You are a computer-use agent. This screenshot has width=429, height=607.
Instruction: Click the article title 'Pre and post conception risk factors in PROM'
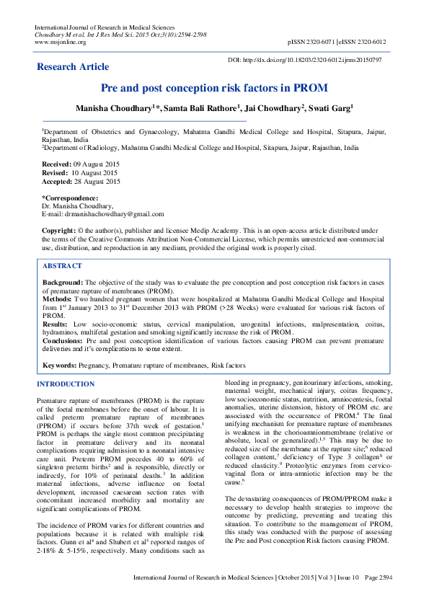214,89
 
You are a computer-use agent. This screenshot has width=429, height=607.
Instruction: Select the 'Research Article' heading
74,67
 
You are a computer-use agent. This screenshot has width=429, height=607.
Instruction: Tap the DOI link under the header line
314,60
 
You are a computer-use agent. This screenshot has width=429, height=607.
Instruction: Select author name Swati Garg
330,108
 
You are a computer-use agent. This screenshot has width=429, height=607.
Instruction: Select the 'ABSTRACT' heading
63,266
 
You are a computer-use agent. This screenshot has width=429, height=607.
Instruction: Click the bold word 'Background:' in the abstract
63,283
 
